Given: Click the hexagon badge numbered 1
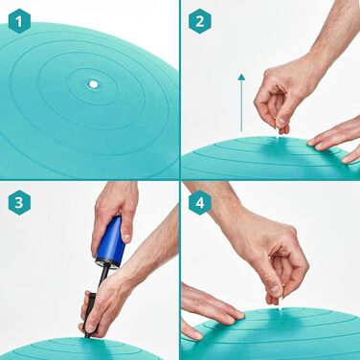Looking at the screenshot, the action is tap(19, 21).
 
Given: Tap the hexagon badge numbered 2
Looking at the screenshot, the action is tap(200, 21).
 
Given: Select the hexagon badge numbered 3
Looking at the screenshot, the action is tap(19, 202).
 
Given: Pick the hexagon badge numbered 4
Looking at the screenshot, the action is tap(200, 202).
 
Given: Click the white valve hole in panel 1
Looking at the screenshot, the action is tap(93, 84).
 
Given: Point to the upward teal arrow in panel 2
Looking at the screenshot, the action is tap(241, 102).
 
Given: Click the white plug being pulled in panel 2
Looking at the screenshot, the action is tap(278, 133).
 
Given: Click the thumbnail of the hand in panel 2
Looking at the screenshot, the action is tap(281, 122).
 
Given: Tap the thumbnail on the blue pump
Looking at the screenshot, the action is tap(127, 237).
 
